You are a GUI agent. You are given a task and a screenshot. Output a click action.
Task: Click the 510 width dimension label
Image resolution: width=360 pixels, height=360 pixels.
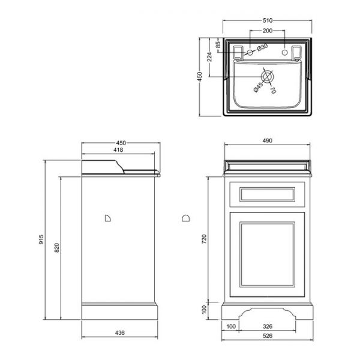[268, 20]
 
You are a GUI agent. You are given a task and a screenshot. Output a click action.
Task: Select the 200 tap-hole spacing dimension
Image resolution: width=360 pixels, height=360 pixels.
[268, 31]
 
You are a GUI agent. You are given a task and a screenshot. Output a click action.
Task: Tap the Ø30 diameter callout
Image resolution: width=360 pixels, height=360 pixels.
[262, 47]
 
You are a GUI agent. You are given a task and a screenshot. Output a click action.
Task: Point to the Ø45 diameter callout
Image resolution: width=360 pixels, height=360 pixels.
[258, 87]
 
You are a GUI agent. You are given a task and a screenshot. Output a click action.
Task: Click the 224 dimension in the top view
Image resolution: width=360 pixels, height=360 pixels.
[209, 57]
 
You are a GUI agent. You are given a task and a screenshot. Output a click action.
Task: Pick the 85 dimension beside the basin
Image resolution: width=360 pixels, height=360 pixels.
[218, 44]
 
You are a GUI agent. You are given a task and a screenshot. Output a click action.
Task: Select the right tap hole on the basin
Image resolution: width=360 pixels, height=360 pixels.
[284, 52]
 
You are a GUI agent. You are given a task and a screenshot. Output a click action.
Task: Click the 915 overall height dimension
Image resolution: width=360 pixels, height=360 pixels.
[41, 239]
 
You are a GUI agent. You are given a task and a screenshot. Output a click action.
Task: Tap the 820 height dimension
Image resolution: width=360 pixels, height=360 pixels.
[57, 248]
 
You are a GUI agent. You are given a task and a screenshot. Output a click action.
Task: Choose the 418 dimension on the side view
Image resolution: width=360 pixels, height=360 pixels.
[118, 150]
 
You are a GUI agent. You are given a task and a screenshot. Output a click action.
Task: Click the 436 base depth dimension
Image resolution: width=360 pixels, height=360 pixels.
[119, 332]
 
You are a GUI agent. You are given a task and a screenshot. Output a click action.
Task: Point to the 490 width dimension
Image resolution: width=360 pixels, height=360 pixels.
[268, 140]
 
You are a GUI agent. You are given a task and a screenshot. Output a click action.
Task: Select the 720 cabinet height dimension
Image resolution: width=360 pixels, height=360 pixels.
[204, 239]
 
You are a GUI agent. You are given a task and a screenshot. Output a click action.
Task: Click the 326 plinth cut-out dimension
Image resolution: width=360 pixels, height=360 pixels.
[268, 326]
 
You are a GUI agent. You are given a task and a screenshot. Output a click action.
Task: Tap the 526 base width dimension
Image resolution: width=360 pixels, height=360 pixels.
[268, 335]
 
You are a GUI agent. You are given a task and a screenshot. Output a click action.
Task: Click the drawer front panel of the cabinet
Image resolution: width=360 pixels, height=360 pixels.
[267, 194]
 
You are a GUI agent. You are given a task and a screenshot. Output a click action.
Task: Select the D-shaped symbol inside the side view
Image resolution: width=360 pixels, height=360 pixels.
[107, 218]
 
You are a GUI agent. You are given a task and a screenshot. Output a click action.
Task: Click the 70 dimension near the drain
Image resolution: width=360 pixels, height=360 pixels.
[272, 90]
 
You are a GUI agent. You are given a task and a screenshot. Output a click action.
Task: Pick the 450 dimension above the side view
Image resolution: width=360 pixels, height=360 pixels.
[121, 143]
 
